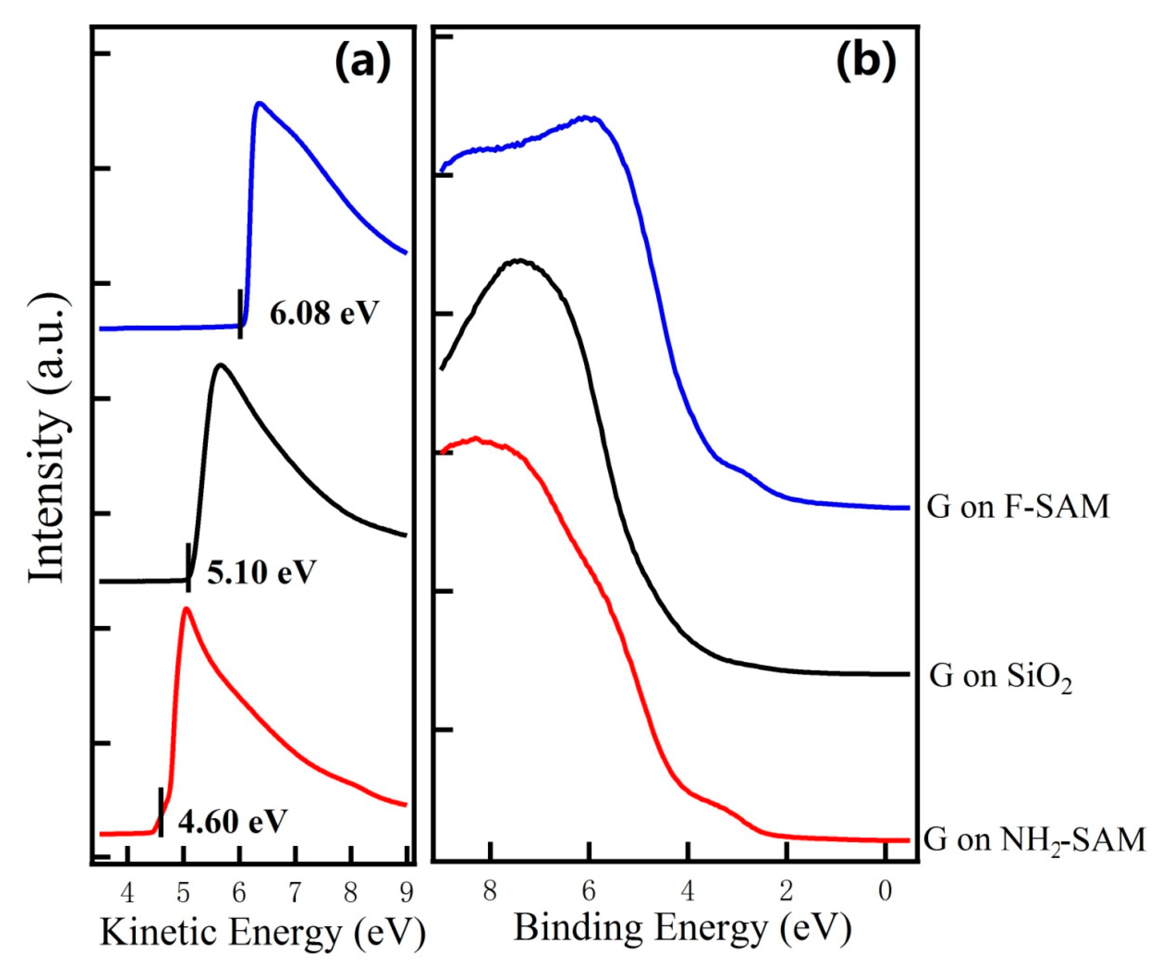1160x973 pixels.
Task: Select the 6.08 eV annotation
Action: point(324,314)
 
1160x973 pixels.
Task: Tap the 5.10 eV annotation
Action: point(261,572)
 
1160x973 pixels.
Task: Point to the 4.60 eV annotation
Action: point(232,822)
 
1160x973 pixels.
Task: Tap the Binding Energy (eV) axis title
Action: point(682,927)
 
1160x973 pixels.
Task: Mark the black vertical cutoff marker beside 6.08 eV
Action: point(240,314)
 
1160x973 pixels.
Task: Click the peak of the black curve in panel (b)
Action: point(518,260)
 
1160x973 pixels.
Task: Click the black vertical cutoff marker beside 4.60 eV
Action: point(161,820)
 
